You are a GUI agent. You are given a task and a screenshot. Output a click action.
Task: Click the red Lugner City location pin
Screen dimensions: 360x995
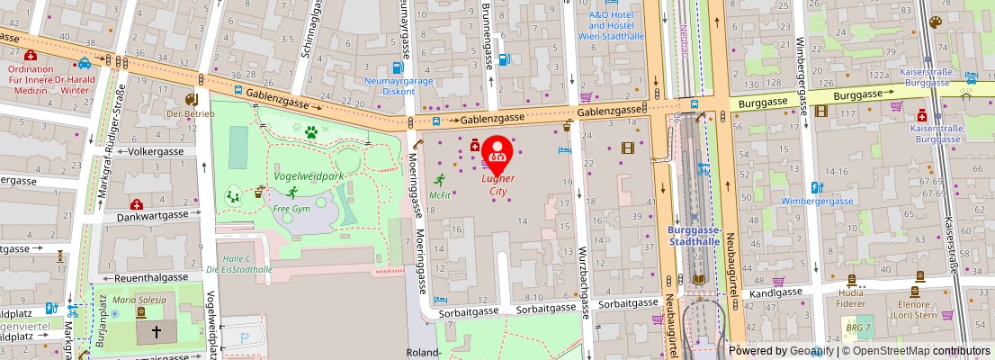pyautogui.click(x=497, y=150)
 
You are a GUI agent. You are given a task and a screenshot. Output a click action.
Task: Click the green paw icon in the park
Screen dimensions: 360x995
pyautogui.click(x=311, y=132)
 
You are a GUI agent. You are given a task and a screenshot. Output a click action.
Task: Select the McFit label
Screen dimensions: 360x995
pyautogui.click(x=440, y=194)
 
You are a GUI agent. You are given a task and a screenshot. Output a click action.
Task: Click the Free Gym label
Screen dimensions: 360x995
pyautogui.click(x=291, y=209)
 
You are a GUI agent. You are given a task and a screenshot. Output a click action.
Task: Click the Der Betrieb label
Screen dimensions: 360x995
pyautogui.click(x=189, y=114)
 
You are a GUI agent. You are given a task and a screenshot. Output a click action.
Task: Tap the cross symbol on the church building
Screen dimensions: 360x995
pyautogui.click(x=157, y=332)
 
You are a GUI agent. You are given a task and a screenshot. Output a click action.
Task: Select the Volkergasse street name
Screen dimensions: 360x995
pyautogui.click(x=156, y=151)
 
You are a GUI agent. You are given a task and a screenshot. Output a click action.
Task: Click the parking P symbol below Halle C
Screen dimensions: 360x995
pyautogui.click(x=247, y=337)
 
